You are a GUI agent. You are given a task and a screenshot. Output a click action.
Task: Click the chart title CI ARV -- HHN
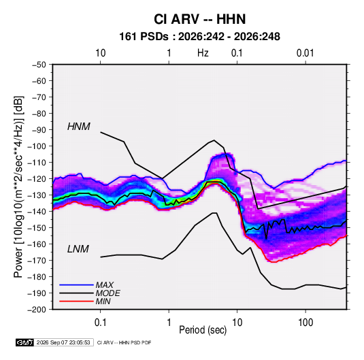coord(199,19)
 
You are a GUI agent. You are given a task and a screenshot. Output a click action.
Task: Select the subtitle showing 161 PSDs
coord(199,37)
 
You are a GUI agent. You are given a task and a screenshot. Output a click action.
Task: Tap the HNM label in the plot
coord(79,127)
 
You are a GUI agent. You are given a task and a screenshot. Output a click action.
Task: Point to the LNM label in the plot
coord(78,249)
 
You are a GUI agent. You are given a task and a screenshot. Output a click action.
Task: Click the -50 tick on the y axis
coord(39,65)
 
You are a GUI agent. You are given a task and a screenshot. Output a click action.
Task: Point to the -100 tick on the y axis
coord(37,146)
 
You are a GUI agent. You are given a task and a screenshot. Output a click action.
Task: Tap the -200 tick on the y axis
coord(37,310)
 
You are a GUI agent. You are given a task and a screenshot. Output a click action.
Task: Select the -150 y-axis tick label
coord(37,228)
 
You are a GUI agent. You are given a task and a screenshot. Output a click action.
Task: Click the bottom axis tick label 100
coord(305,323)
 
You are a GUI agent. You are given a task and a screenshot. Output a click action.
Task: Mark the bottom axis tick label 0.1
coord(100,323)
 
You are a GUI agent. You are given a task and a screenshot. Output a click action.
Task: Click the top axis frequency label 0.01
coord(305,53)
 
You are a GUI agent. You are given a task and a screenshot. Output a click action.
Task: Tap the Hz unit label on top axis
coord(203,53)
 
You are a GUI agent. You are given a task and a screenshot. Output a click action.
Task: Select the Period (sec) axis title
coord(203,330)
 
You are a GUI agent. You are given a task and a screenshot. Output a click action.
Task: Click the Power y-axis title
coord(19,187)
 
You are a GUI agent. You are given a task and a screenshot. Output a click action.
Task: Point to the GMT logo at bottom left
coord(25,342)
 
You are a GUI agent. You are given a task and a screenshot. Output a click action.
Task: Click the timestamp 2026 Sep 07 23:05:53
coord(63,342)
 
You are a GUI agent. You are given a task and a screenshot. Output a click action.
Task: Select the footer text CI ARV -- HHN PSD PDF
coord(125,342)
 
